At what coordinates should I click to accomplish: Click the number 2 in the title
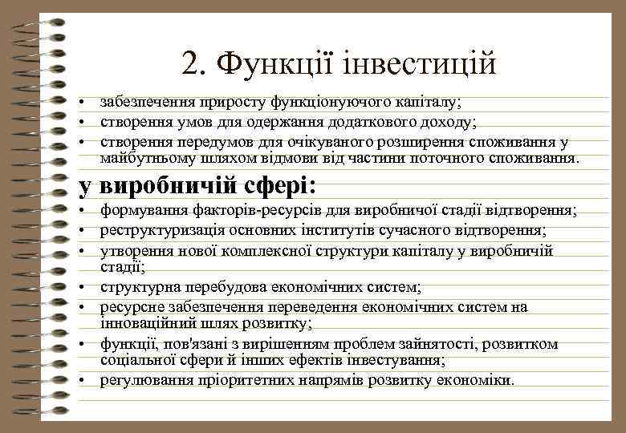190,63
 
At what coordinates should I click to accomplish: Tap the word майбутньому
140,158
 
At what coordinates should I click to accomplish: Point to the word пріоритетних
245,380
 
